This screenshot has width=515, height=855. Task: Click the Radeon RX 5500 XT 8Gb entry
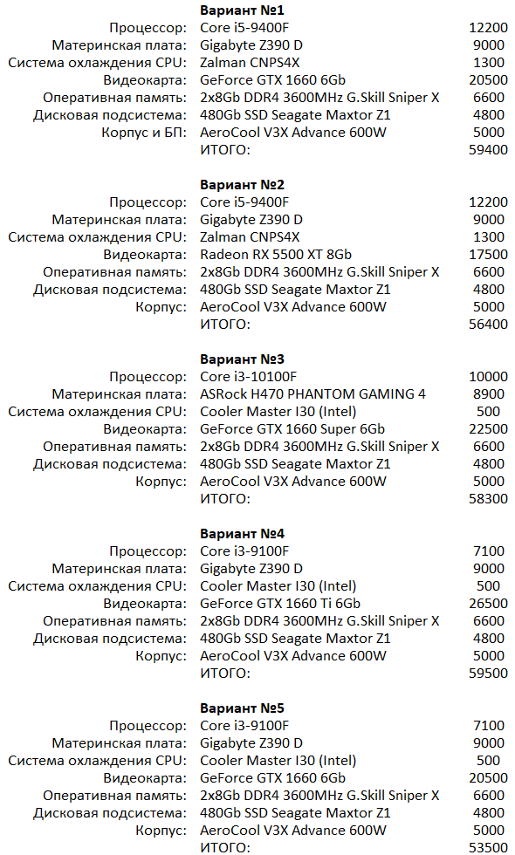coord(276,255)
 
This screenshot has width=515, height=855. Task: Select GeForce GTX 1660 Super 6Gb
coord(292,429)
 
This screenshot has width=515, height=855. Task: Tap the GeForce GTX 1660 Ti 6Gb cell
coord(280,604)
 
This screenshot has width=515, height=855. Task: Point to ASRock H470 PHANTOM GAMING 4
coord(313,394)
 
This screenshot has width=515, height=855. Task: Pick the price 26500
coord(488,604)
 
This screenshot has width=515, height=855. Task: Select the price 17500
coord(488,255)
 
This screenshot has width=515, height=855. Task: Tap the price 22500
coord(488,429)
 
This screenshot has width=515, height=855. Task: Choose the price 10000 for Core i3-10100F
coord(488,377)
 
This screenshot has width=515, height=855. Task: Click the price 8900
coord(488,394)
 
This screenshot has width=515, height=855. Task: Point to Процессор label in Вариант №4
coord(148,551)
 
